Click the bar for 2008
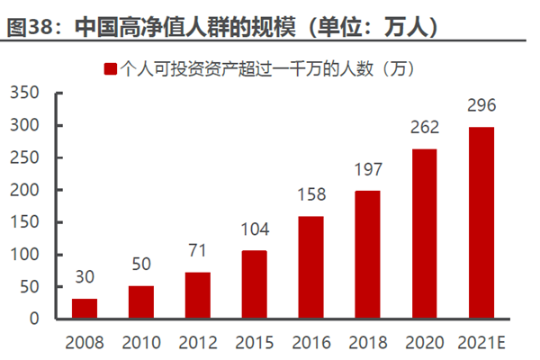click(x=85, y=309)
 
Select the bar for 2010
click(x=141, y=302)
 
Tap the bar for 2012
click(x=198, y=295)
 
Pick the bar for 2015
click(x=255, y=284)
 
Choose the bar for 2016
click(x=311, y=267)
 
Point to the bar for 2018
click(x=367, y=255)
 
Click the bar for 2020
click(x=425, y=234)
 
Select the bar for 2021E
click(x=481, y=223)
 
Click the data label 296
click(x=481, y=106)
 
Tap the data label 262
click(x=425, y=129)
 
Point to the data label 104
click(x=255, y=230)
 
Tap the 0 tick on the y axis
click(x=37, y=319)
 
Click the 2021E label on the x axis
click(x=481, y=343)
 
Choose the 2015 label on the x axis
click(x=255, y=343)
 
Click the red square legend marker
click(x=111, y=68)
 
